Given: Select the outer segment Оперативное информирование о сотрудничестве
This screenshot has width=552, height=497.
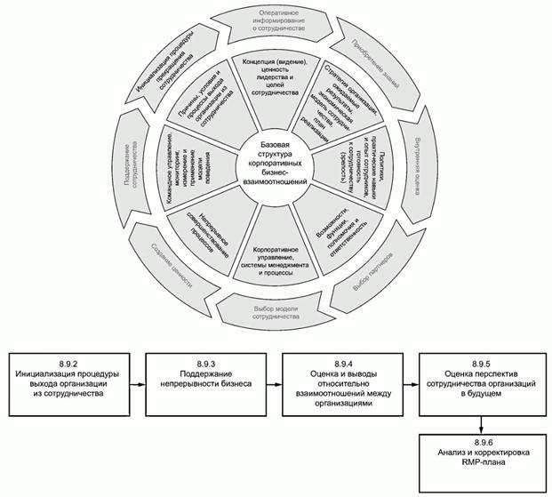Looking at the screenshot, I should [x=284, y=21].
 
